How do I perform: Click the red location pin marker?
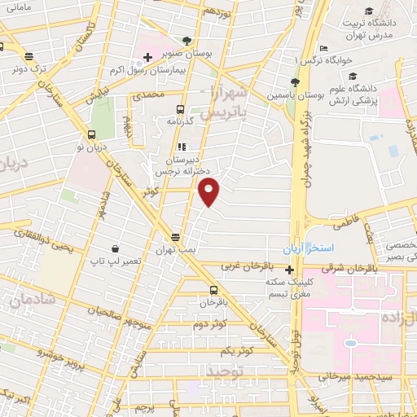(x=209, y=192)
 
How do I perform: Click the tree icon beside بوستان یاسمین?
(x=295, y=83)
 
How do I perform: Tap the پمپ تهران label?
(x=178, y=248)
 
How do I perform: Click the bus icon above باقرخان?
(x=213, y=290)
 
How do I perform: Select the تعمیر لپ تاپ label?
(x=117, y=262)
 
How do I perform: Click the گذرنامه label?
(x=179, y=121)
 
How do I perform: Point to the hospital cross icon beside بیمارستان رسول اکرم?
(x=147, y=57)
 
